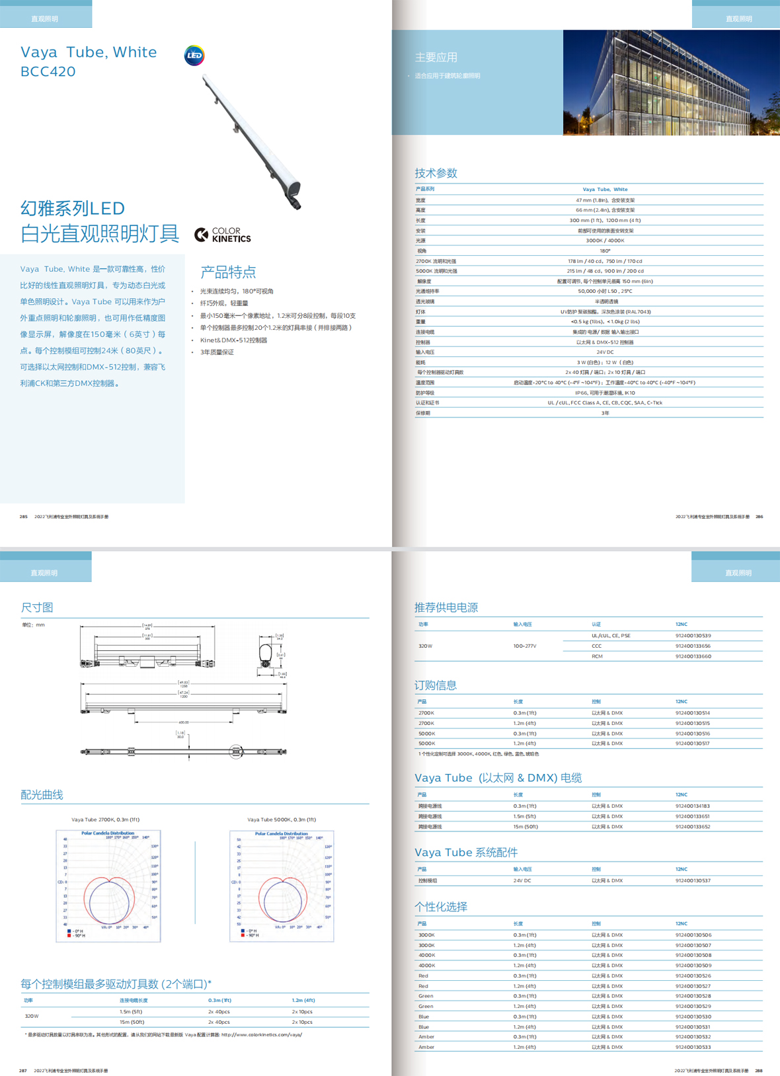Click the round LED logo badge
point(194,56)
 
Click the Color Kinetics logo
point(223,235)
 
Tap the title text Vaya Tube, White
point(89,52)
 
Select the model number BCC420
point(48,71)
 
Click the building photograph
point(671,83)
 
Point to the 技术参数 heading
point(436,173)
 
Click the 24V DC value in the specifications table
point(605,352)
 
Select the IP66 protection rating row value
point(605,393)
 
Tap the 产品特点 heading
point(228,272)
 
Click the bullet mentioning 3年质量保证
point(217,352)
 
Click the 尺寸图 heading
point(37,607)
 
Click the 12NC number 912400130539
point(693,636)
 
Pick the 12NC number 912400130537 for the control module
point(693,880)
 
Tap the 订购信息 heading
point(436,685)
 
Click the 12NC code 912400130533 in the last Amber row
point(693,1047)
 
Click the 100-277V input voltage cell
point(525,646)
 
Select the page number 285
point(24,517)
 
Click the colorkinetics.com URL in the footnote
point(262,1035)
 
